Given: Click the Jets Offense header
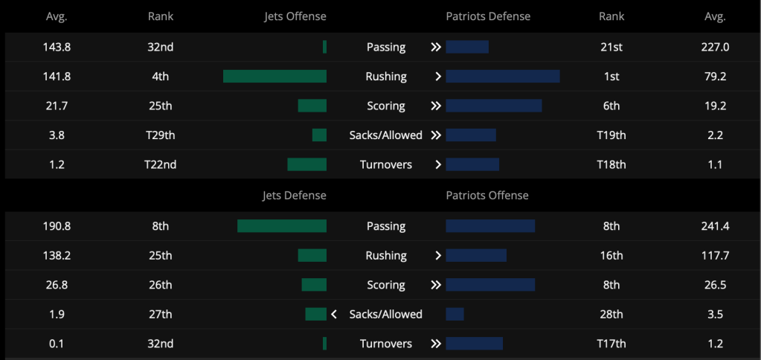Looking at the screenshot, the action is pos(295,16).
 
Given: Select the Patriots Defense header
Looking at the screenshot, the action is pos(488,16).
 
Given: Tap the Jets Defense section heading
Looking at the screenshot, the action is pos(294,196).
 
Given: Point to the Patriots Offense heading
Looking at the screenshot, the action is pos(487,196).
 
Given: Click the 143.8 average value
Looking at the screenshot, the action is pos(57,47).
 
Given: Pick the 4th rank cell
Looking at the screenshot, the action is pos(160,76).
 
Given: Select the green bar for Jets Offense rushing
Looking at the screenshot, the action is pos(274,76).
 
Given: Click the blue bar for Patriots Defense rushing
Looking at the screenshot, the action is pos(503,76).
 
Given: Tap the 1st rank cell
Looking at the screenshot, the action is pos(611,76).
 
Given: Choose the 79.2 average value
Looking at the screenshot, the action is pos(716,76).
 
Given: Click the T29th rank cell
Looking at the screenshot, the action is pos(160,135).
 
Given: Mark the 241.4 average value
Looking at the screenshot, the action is pos(716,226).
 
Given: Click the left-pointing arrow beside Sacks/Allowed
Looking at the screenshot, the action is pos(334,315).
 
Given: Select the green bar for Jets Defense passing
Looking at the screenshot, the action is pos(282,226).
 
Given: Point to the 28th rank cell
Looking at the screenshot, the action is pos(611,315).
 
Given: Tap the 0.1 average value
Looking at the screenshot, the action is pos(57,344).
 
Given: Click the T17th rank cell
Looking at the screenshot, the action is pos(611,344).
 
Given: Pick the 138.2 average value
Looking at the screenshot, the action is pos(57,256).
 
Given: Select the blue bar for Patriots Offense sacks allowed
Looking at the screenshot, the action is pos(455,315).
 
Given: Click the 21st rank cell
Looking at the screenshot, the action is pos(611,47).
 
